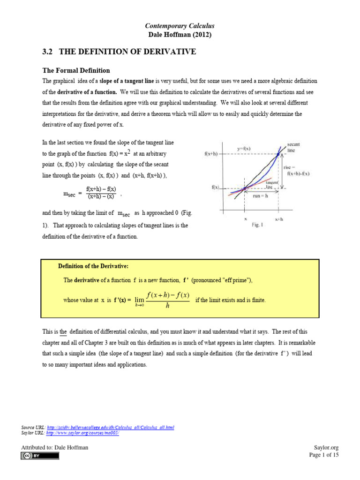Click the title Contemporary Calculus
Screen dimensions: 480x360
tap(180, 26)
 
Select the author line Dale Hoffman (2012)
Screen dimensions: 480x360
tap(180, 35)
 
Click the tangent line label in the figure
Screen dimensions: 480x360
tap(272, 185)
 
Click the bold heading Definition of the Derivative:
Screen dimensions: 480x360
tap(93, 266)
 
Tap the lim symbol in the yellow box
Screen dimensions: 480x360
tap(138, 300)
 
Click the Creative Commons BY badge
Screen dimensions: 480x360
tap(39, 456)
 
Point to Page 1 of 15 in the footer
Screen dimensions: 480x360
tap(324, 455)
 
